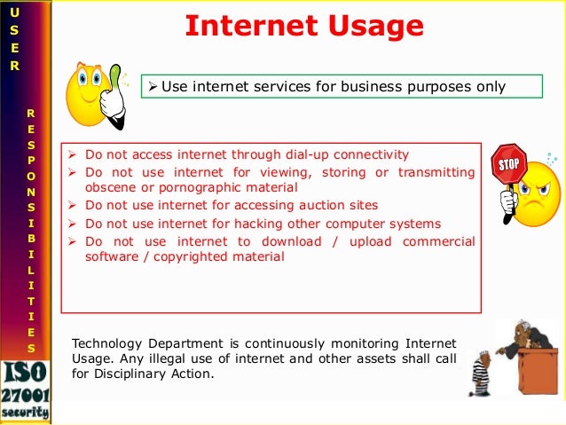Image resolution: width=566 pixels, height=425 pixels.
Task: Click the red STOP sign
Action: pyautogui.click(x=508, y=167)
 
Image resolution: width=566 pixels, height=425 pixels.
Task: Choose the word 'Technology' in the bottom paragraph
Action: pyautogui.click(x=106, y=342)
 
